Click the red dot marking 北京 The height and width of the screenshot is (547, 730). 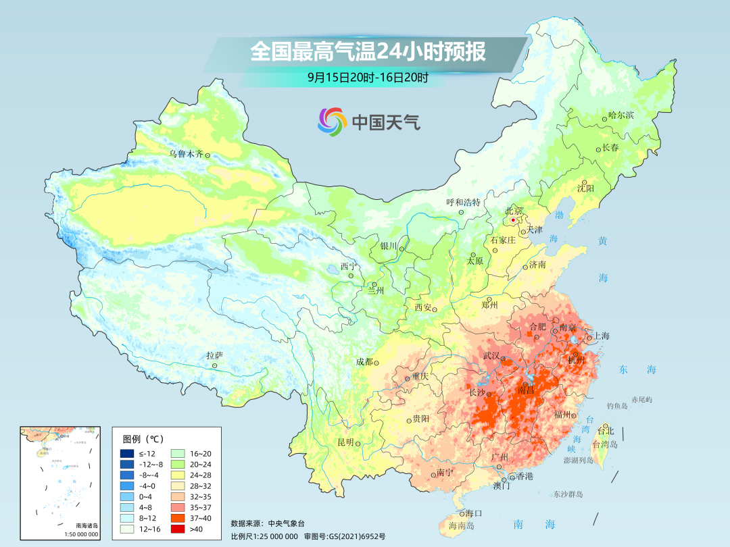(513, 219)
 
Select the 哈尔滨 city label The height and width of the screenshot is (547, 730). (620, 115)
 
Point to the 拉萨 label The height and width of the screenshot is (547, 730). (214, 355)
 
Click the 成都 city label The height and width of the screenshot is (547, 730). (364, 361)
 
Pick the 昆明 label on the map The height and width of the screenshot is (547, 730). (345, 442)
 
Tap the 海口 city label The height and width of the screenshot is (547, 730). (474, 514)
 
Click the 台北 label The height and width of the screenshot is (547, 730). (606, 431)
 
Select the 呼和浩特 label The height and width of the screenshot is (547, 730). (463, 202)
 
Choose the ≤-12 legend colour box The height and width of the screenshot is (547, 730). (126, 453)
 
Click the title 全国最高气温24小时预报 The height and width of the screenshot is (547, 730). (368, 52)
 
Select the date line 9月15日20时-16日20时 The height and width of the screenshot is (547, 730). (368, 78)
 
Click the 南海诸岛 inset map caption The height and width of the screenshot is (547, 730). (87, 525)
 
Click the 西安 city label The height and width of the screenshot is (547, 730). (423, 307)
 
